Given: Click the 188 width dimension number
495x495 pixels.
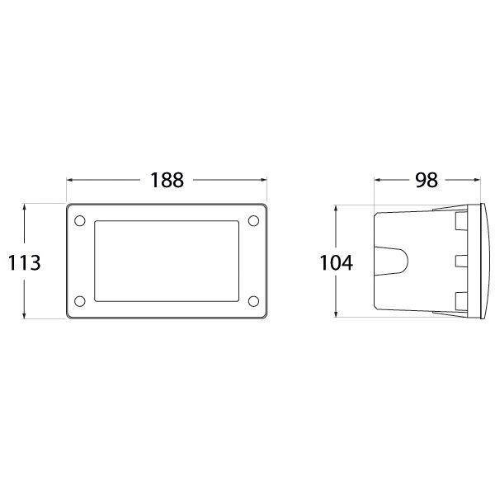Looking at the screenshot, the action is click(x=167, y=180).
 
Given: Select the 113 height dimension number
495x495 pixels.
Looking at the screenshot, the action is click(x=24, y=262).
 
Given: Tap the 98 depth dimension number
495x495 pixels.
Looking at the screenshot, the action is click(x=427, y=180).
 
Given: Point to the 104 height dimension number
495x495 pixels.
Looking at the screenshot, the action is click(x=337, y=262).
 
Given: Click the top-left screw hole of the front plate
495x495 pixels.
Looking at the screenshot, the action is click(x=79, y=220).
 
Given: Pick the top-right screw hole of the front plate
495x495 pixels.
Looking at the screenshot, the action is click(x=253, y=220).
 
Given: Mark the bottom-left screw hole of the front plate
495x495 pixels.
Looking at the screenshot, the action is click(x=79, y=301).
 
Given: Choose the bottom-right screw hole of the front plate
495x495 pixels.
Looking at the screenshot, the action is click(x=253, y=301).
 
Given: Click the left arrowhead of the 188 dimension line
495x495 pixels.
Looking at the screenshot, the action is click(x=70, y=180).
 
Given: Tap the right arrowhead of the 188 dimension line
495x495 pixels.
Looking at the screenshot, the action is click(x=263, y=180).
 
